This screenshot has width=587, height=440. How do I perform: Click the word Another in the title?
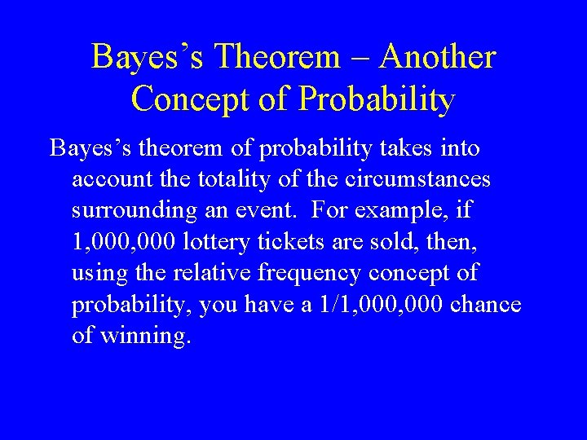click(438, 58)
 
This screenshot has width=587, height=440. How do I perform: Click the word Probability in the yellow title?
click(377, 100)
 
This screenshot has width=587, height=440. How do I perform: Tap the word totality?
click(227, 180)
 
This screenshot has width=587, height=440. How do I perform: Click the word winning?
click(144, 336)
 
